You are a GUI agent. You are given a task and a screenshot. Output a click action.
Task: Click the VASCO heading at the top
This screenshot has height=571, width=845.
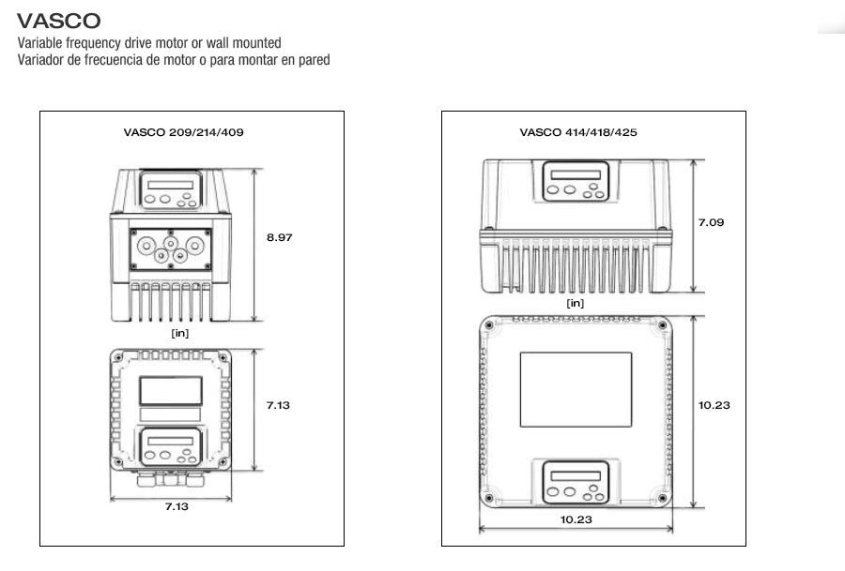click(59, 20)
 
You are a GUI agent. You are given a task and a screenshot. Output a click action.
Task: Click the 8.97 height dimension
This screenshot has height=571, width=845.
click(279, 238)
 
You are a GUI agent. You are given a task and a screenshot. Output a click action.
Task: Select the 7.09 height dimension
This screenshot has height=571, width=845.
click(711, 223)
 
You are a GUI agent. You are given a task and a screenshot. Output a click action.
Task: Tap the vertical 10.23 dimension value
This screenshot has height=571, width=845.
click(714, 405)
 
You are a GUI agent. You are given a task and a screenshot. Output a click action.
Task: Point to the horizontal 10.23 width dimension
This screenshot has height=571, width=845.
click(576, 519)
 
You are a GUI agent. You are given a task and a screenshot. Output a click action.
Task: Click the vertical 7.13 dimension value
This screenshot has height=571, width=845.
click(279, 405)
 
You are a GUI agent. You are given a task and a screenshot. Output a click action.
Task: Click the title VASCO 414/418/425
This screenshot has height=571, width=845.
click(577, 132)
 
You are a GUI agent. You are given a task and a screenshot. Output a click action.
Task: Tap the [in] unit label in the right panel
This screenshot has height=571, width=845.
click(576, 303)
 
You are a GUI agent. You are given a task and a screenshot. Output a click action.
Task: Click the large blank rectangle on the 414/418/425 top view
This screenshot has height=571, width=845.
click(576, 389)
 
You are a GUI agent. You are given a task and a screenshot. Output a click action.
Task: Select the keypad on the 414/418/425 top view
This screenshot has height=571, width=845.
click(576, 482)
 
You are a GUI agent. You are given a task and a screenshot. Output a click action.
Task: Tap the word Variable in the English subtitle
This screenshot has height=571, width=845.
click(39, 43)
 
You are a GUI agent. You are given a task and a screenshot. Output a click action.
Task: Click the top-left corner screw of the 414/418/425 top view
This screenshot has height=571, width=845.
click(489, 325)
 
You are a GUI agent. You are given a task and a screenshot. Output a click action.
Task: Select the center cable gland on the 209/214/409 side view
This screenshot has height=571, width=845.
click(171, 244)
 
